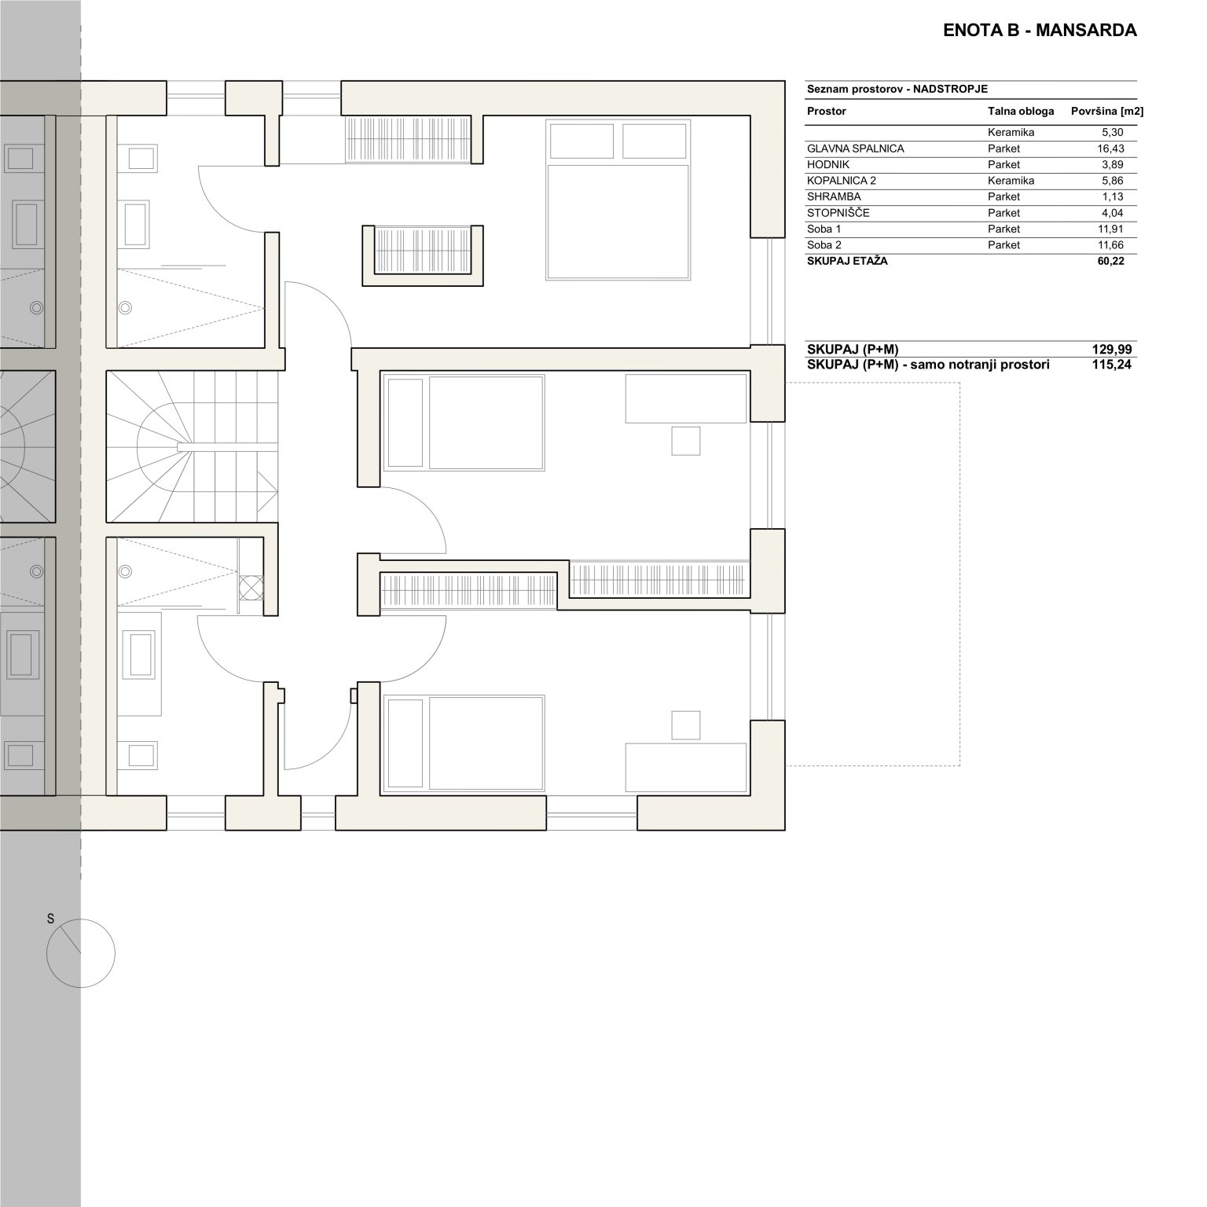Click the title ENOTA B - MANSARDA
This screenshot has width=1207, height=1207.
pos(1040,31)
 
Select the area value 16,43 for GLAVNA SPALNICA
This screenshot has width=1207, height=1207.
pos(1110,149)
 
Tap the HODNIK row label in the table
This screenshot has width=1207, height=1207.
pos(828,165)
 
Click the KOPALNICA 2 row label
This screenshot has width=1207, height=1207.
pos(842,181)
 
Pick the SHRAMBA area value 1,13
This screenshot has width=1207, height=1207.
pos(1113,197)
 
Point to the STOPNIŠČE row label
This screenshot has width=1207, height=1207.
pos(838,213)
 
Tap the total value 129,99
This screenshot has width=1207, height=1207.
pos(1111,350)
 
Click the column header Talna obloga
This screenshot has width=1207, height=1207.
pos(1021,112)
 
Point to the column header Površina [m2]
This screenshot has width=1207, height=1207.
pos(1107,112)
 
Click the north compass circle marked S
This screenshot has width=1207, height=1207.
pos(81,954)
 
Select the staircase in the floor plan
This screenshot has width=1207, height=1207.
pos(192,446)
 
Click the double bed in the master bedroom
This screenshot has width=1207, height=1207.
pos(618,200)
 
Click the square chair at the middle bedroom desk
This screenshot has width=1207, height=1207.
pos(686,441)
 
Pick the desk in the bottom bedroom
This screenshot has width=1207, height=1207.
pos(686,767)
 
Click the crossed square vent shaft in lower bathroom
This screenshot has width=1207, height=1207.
pos(251,589)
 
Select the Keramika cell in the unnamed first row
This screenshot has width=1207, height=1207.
pos(1011,133)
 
